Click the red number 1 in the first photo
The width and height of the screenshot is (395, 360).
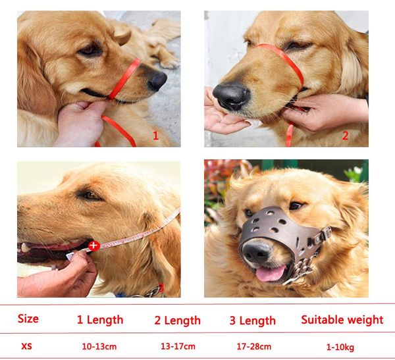(156, 136)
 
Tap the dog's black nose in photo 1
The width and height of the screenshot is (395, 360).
(157, 80)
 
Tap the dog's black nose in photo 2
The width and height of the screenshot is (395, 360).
(231, 97)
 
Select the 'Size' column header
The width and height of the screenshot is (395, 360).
(28, 319)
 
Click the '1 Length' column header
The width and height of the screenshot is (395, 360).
(100, 320)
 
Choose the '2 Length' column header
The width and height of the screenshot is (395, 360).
(177, 321)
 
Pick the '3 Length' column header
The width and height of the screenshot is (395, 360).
(253, 321)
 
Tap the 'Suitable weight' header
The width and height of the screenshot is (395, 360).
(342, 320)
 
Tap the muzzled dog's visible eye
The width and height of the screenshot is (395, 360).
(296, 205)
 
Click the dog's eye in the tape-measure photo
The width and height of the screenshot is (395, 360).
(88, 195)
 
